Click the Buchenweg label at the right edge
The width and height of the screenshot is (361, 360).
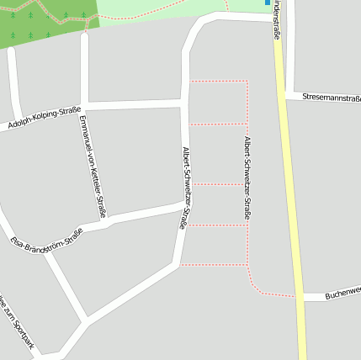[342, 293]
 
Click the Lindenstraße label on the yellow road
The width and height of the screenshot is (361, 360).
[277, 20]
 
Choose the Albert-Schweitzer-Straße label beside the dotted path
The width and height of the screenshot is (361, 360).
[247, 177]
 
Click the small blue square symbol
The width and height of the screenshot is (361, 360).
[268, 3]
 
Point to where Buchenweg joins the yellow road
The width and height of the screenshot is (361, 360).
[300, 296]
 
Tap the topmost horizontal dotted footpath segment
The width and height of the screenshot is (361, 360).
[217, 82]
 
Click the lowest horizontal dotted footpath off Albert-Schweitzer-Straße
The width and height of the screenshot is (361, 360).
[214, 265]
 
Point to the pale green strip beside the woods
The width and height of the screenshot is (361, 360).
[168, 12]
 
